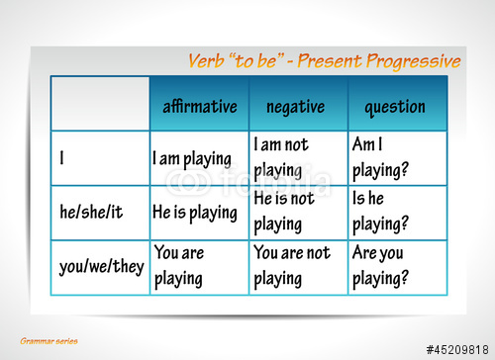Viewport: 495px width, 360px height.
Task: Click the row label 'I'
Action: pyautogui.click(x=61, y=158)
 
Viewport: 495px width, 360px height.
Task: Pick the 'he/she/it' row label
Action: pyautogui.click(x=93, y=212)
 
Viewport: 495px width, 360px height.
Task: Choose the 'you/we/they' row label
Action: pyautogui.click(x=100, y=266)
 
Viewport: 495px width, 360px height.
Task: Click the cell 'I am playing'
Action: pyautogui.click(x=192, y=158)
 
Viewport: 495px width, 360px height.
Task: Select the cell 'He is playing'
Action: pyautogui.click(x=195, y=212)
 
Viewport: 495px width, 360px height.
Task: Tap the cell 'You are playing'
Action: pyautogui.click(x=179, y=266)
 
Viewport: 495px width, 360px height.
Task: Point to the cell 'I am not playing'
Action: pyautogui.click(x=281, y=158)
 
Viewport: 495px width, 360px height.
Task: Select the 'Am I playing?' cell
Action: pyautogui.click(x=380, y=158)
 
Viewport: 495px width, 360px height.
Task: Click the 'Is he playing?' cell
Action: pyautogui.click(x=380, y=212)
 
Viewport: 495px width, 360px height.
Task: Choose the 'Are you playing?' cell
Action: pyautogui.click(x=380, y=266)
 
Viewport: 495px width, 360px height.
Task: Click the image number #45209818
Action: pyautogui.click(x=457, y=349)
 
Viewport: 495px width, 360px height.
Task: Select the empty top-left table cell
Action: pyautogui.click(x=100, y=104)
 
